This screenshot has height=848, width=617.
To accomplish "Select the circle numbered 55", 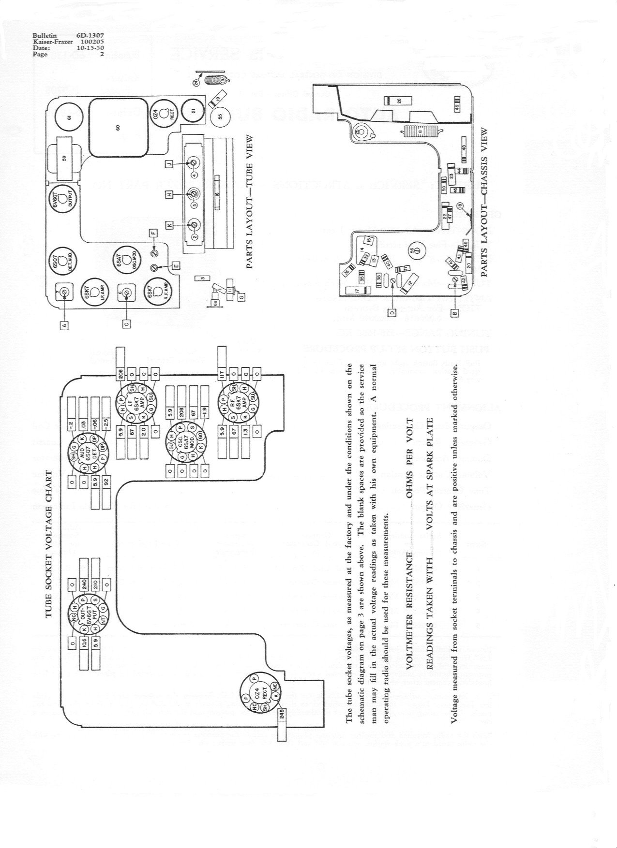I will [x=221, y=117].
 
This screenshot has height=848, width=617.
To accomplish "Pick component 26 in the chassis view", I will [x=398, y=101].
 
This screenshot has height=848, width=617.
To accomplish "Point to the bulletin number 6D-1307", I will [x=90, y=36].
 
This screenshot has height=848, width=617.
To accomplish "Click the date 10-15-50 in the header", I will [x=90, y=48].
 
